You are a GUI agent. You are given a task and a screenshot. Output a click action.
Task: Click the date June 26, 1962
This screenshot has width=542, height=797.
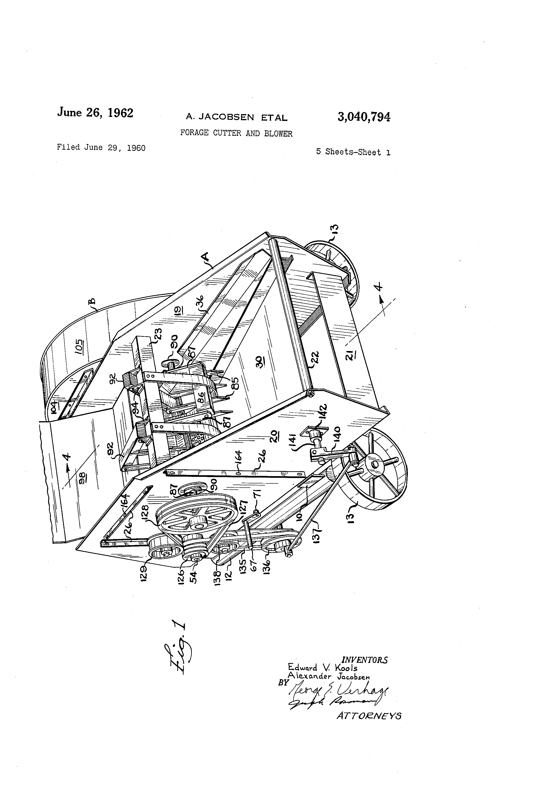pos(95,112)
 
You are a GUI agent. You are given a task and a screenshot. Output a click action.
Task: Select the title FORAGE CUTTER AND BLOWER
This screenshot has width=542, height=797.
pos(236,133)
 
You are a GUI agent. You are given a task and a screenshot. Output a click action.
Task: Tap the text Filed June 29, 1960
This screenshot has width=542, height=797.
pos(101,148)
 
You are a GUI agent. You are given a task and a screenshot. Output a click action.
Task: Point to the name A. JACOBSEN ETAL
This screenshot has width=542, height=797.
pos(236,118)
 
